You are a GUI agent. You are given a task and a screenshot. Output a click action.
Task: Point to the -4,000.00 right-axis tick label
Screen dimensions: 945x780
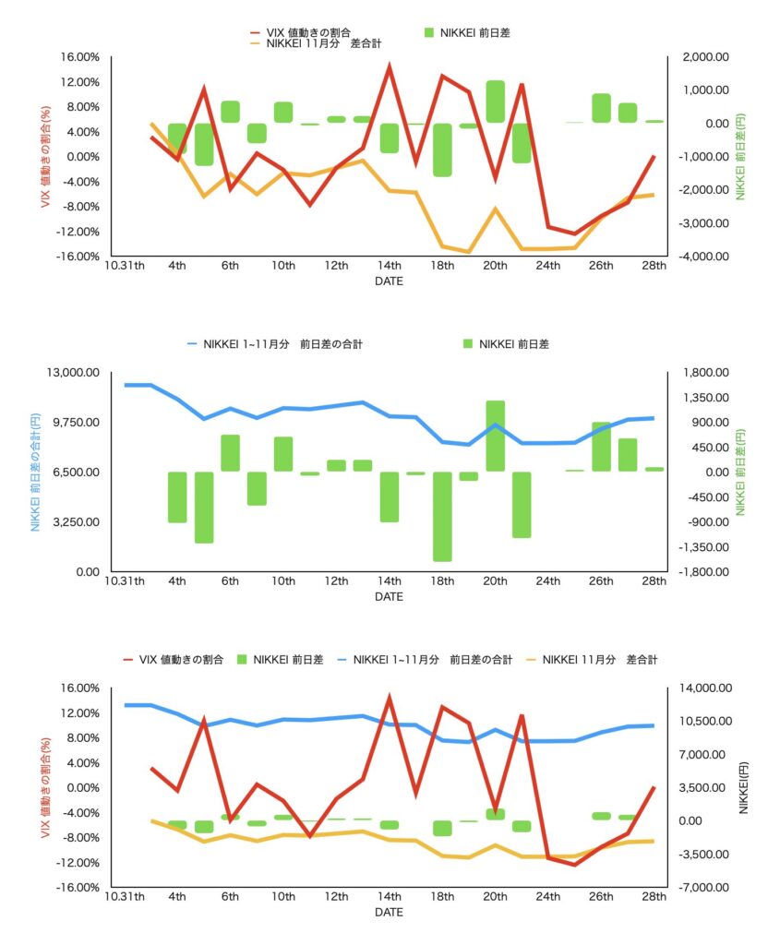(700, 256)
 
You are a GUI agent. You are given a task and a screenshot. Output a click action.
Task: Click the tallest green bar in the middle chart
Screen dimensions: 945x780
(496, 436)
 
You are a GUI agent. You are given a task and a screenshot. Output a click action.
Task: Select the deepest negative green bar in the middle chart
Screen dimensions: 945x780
(442, 516)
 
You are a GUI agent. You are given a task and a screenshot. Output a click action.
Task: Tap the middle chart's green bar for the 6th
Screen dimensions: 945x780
(231, 453)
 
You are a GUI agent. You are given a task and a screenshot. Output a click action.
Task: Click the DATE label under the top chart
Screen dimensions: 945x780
(389, 282)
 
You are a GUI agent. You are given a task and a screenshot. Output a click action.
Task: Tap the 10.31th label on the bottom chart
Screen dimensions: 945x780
(125, 897)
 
